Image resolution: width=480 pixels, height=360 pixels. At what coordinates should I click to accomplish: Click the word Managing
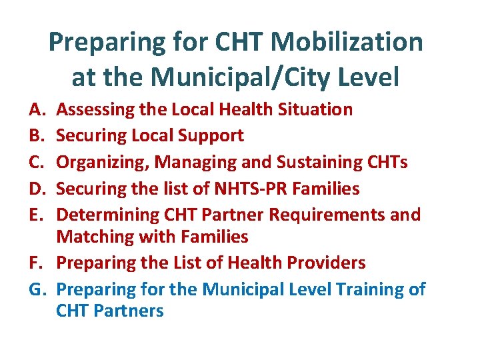tap(193, 163)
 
